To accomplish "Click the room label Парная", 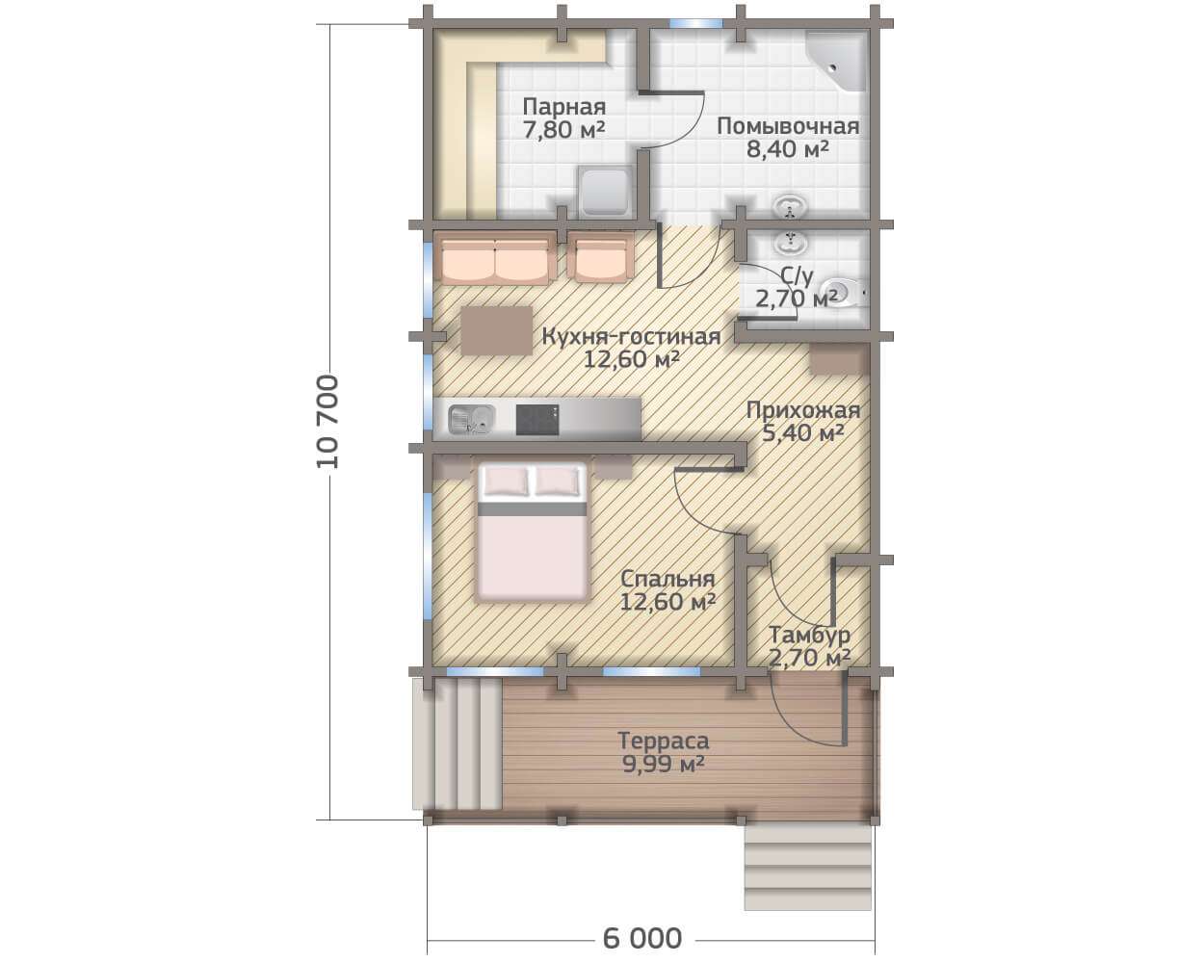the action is click(564, 106).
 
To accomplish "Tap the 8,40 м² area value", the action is click(788, 149).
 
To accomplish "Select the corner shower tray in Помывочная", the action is click(836, 61).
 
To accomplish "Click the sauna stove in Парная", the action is click(605, 192).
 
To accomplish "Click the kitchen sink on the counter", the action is click(472, 420).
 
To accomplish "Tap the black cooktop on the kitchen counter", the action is click(537, 420).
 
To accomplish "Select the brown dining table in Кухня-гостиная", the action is click(496, 330).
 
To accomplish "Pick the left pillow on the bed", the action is click(507, 481).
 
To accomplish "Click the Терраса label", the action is click(664, 741).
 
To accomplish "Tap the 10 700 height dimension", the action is click(327, 422).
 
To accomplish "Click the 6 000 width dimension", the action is click(642, 938).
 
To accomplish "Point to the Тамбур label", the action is click(809, 635).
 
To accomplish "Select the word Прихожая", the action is click(803, 410).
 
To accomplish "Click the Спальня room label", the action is click(668, 579).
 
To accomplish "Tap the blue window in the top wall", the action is click(696, 23).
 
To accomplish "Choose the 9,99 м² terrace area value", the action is click(664, 764).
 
